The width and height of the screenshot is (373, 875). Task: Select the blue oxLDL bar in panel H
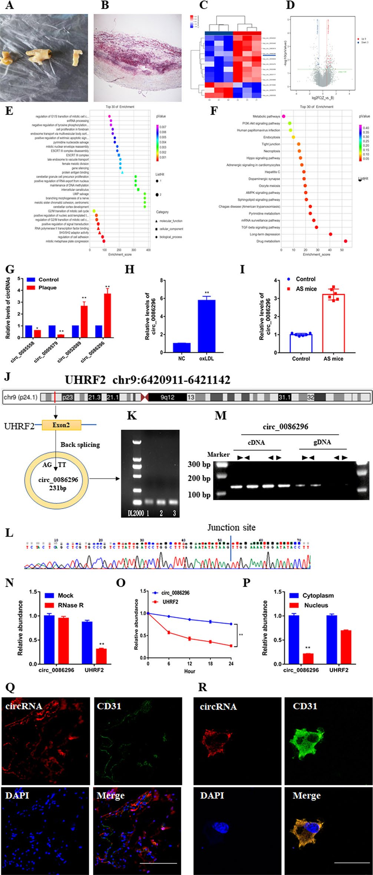click(207, 326)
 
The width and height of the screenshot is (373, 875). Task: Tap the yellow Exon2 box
click(62, 425)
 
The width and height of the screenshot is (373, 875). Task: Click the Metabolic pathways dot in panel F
click(284, 116)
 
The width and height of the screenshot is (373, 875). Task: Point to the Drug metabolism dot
click(346, 241)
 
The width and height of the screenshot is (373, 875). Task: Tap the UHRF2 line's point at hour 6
click(169, 632)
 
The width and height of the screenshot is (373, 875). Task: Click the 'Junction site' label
click(231, 528)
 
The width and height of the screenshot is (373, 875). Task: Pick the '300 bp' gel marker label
click(199, 464)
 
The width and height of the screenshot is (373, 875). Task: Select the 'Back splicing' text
click(80, 445)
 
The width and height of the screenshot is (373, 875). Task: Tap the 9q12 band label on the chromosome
click(168, 397)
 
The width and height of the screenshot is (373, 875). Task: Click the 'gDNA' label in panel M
click(322, 442)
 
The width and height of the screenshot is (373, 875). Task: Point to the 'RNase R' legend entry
click(70, 605)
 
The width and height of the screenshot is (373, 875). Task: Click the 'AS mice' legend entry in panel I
click(306, 289)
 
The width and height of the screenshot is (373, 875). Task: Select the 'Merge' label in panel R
click(306, 796)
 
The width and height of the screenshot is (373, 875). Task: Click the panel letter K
click(132, 416)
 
